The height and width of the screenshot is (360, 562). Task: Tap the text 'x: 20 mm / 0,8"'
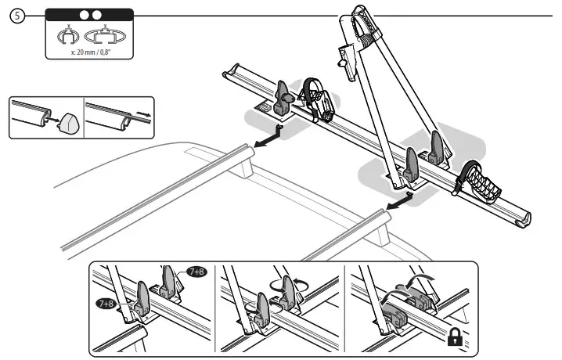pos(88,52)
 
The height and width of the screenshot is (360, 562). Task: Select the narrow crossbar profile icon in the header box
pos(70,35)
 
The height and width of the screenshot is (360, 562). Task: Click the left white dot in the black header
pos(81,15)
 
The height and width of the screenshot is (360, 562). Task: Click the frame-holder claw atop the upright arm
pos(365,23)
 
